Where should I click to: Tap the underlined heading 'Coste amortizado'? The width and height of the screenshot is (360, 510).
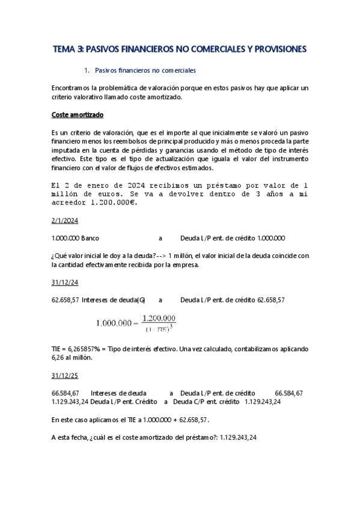click(78, 114)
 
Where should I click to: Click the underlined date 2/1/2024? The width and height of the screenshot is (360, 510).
click(65, 220)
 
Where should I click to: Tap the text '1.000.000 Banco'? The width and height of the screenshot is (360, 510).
click(76, 238)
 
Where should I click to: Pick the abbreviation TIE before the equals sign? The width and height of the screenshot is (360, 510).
click(58, 349)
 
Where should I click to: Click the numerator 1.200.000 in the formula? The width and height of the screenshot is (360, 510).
click(159, 318)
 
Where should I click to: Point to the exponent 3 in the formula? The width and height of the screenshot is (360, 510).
click(172, 325)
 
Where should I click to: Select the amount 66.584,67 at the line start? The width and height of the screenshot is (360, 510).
click(66, 392)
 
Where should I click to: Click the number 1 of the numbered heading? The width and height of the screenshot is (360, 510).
click(87, 70)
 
